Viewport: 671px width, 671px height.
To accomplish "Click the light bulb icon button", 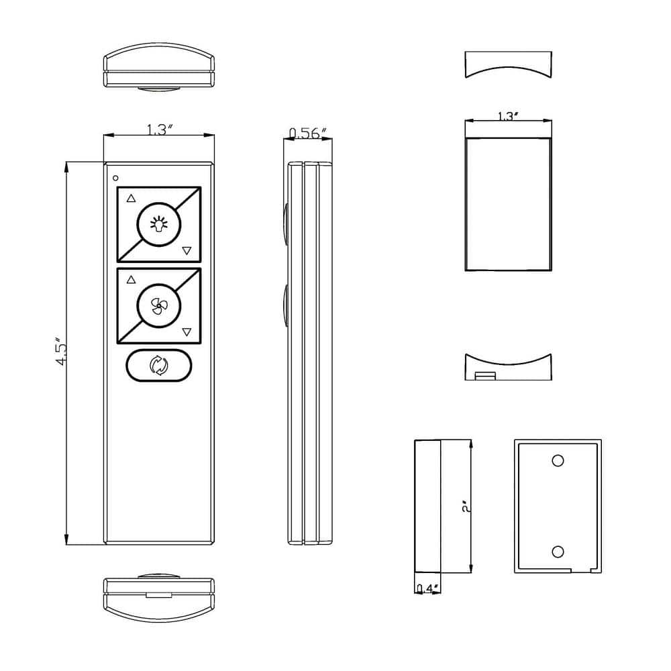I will click(x=159, y=224).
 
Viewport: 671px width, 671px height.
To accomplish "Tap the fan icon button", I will click(x=159, y=305).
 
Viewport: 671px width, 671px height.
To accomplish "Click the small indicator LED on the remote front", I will click(x=116, y=178).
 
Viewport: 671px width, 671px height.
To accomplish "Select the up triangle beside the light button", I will click(x=131, y=198).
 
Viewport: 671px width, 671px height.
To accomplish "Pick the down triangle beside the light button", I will click(x=187, y=251).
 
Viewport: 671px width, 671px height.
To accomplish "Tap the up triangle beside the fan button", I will click(x=131, y=279).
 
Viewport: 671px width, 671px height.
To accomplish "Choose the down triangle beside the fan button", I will click(x=187, y=332).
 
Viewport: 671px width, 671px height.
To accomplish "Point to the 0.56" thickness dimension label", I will click(x=308, y=132).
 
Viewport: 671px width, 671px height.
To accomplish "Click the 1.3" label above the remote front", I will click(x=159, y=130).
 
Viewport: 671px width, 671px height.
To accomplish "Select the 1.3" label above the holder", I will click(x=508, y=116).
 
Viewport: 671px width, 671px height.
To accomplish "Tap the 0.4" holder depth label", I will click(x=427, y=588).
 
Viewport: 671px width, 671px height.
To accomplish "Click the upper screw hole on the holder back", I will click(x=558, y=460).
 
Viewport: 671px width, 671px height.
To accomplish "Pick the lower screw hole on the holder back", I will click(x=558, y=552).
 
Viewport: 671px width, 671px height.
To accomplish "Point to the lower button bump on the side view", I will click(x=286, y=306).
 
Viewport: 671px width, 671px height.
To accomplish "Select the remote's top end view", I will click(x=159, y=67).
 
